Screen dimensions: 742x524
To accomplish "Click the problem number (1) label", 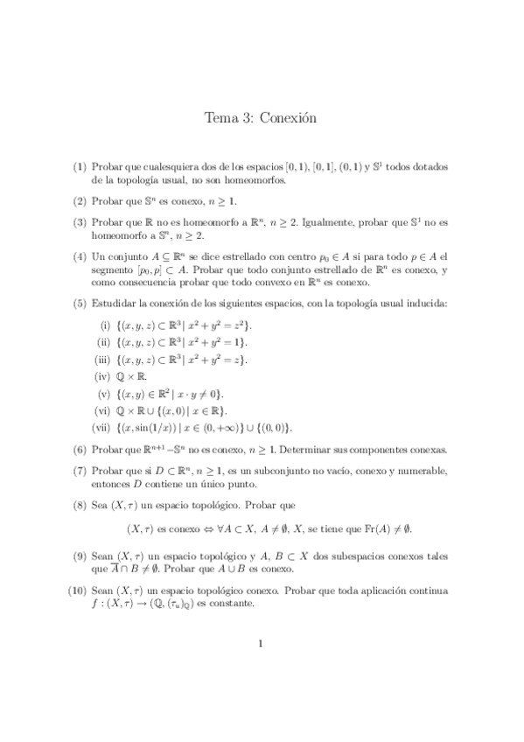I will click(x=80, y=166).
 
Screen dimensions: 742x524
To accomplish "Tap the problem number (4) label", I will click(x=80, y=257).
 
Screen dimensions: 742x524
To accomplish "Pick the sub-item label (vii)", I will click(x=99, y=427).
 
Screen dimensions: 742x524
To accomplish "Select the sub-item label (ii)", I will click(x=101, y=342).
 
